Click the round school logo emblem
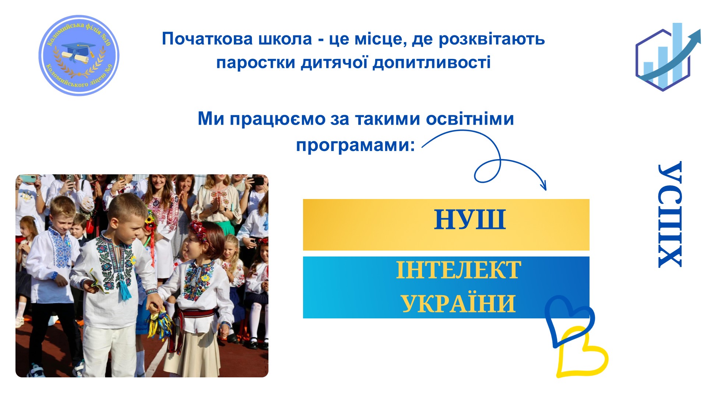click(79, 55)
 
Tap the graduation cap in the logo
click(78, 48)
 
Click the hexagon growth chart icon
click(667, 57)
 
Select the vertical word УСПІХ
click(670, 214)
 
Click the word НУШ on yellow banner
click(470, 220)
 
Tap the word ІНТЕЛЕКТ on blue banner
click(458, 270)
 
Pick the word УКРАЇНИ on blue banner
click(458, 304)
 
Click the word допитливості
click(432, 62)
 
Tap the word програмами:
click(356, 145)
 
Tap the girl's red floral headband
click(198, 230)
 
